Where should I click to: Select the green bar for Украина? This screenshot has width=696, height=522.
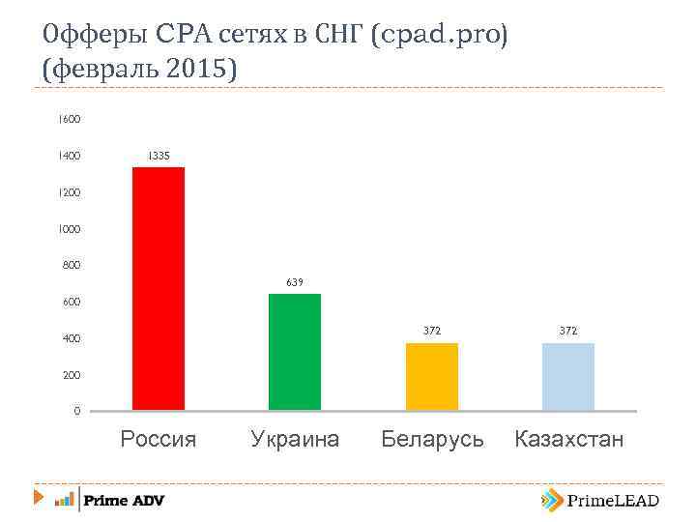pos(295,352)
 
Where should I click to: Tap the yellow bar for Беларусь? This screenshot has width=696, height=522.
pos(431,376)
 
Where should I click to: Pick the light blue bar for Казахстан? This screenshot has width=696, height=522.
pos(568,376)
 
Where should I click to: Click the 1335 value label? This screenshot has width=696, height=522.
pos(159,155)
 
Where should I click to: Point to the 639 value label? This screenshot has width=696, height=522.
pos(295,282)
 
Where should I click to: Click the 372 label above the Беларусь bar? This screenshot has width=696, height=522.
pos(431,331)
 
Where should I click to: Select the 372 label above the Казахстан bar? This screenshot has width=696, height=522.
pos(568,331)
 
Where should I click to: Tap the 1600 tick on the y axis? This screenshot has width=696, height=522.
pos(69,119)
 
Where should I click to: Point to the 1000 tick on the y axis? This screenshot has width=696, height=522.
pos(69,229)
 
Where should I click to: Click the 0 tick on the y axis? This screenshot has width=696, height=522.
pos(76,412)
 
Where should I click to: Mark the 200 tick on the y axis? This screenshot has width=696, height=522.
pos(70,375)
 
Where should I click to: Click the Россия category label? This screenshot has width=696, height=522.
pos(159,440)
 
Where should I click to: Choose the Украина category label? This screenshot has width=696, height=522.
pos(295,440)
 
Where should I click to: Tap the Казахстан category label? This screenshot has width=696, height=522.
pos(569,440)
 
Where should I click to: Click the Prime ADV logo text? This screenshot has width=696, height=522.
pos(124,500)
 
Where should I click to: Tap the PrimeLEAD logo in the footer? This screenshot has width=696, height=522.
pos(600,500)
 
